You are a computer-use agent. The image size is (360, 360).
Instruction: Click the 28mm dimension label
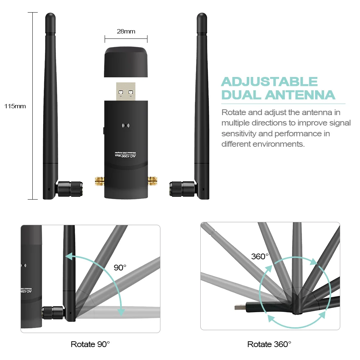126,31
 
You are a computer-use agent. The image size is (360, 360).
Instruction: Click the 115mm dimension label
15,106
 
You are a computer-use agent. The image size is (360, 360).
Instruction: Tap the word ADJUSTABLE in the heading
269,82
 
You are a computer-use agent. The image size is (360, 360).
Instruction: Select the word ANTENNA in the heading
300,95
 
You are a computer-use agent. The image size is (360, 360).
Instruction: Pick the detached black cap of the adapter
126,62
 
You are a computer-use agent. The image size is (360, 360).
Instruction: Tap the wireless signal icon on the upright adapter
126,126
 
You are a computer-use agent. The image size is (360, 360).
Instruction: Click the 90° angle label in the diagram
120,268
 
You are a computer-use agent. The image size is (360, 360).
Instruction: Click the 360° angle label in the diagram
260,256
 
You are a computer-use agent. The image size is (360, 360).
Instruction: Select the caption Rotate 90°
90,344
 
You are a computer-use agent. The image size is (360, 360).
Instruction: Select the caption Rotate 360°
269,344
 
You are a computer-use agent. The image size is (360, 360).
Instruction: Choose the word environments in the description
280,144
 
